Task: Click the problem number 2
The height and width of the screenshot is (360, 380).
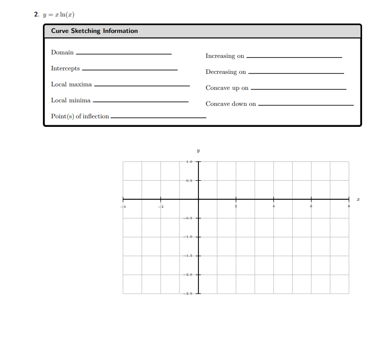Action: click(x=36, y=14)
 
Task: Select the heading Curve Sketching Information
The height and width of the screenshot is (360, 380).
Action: click(x=94, y=31)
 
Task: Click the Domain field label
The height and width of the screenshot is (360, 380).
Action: click(x=62, y=52)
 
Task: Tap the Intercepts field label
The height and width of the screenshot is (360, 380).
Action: click(x=65, y=68)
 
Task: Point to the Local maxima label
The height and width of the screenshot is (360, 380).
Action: click(x=71, y=84)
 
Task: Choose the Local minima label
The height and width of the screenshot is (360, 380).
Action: click(x=71, y=100)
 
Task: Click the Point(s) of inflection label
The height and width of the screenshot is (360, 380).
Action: click(x=80, y=116)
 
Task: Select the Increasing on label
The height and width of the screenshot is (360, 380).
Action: click(x=225, y=56)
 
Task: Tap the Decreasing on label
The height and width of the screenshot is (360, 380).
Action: click(x=226, y=72)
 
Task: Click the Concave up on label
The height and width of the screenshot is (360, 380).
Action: click(x=227, y=88)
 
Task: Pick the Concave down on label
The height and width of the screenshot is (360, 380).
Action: click(x=231, y=104)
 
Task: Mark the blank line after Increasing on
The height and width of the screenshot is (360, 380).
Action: click(x=294, y=57)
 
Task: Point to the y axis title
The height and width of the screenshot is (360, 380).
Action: click(x=198, y=149)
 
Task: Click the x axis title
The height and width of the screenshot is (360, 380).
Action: click(x=358, y=199)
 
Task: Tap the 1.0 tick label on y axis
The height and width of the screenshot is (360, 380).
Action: click(x=189, y=162)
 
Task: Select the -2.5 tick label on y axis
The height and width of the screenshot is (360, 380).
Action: click(x=188, y=294)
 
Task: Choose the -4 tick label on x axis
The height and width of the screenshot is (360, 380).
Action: click(x=125, y=206)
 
